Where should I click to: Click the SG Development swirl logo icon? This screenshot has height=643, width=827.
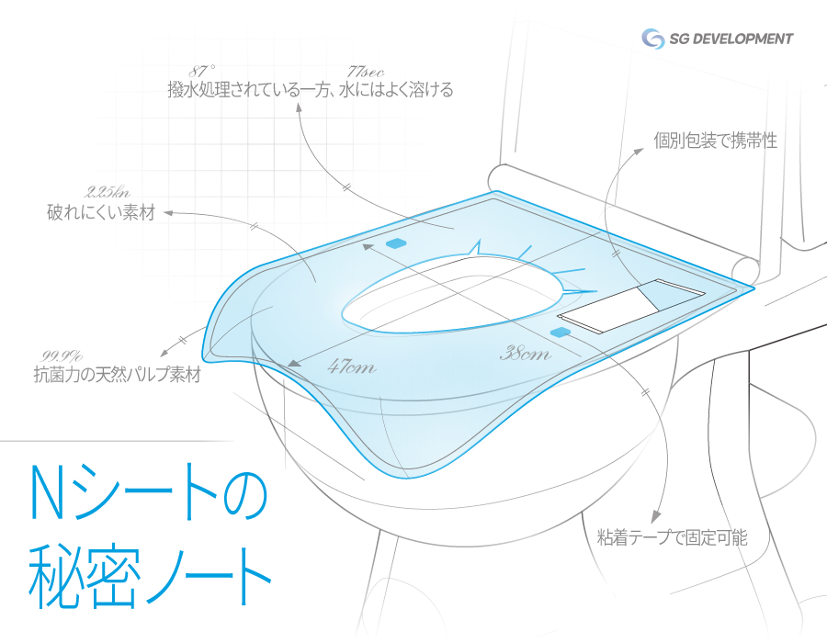[x=653, y=39]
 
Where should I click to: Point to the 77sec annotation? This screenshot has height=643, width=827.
[x=366, y=71]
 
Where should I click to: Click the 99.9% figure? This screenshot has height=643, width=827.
[x=62, y=355]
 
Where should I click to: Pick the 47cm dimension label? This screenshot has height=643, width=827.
[x=351, y=367]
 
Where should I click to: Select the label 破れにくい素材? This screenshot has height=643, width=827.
[x=101, y=213]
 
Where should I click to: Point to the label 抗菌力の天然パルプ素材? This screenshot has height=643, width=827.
[x=117, y=375]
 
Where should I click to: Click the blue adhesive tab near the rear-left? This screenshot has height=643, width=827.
[x=396, y=243]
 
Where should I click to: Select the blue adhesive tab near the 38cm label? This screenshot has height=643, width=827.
[x=561, y=330]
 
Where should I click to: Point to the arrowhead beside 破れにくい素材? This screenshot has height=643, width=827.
[x=169, y=213]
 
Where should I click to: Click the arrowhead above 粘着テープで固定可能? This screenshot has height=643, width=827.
[x=657, y=515]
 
